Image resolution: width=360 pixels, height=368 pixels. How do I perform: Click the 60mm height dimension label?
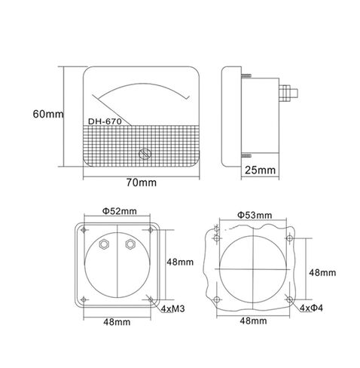point(48,114)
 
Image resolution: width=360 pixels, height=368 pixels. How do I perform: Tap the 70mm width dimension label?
point(141,182)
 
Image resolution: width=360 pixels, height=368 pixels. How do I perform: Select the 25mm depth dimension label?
point(260,170)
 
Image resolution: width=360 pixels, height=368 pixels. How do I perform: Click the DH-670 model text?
point(105,121)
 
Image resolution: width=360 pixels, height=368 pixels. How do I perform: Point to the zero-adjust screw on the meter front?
point(145,153)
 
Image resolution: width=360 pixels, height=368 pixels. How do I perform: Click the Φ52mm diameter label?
point(120,211)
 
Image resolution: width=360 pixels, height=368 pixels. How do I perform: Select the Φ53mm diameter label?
point(255,215)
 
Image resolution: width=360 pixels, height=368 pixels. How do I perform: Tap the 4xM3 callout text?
point(172,308)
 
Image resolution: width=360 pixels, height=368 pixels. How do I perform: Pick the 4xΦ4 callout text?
point(311,308)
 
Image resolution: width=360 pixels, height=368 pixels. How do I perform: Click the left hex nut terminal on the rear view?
point(104,244)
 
